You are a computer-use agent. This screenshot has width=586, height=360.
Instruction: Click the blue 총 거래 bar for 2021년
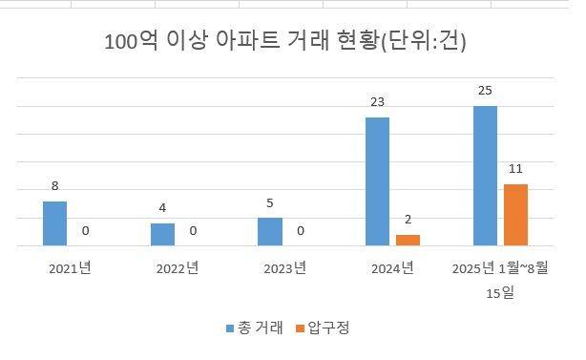point(55,223)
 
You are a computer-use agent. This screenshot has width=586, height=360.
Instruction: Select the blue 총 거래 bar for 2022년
point(162,235)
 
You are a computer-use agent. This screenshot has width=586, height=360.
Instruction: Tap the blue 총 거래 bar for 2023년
point(270,232)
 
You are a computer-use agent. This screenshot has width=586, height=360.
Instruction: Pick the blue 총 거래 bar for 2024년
point(378,181)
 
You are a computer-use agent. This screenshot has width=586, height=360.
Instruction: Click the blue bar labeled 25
point(485,176)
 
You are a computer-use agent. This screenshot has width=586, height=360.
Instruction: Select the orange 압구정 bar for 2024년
point(408,241)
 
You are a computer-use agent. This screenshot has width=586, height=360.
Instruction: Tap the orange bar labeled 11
point(515,215)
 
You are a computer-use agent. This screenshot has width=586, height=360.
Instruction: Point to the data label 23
point(378,102)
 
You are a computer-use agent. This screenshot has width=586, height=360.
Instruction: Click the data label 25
point(485,91)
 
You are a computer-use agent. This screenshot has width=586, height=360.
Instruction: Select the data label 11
point(515,170)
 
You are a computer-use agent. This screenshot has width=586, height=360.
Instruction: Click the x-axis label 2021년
point(70,269)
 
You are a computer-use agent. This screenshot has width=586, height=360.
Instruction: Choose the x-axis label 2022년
point(177,269)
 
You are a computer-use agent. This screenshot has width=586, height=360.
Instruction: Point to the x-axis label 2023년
point(284,269)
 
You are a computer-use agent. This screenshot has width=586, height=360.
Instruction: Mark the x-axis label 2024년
point(392,269)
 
